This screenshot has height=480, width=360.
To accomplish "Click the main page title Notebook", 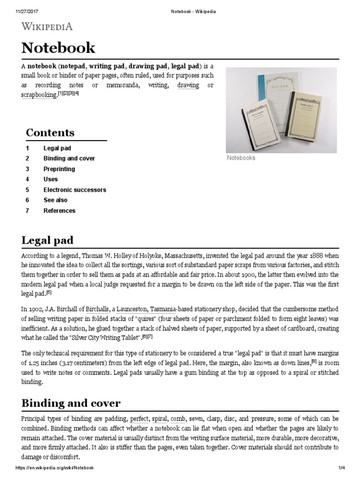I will [x=59, y=47].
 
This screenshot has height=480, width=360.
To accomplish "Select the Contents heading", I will [x=50, y=132].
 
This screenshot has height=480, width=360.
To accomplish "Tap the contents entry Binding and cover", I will [x=69, y=158].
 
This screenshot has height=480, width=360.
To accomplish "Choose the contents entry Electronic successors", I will [x=75, y=190].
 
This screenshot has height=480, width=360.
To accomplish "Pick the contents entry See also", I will [x=55, y=200].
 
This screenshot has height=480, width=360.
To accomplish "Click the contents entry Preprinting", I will [x=59, y=169].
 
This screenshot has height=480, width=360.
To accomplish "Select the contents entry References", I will [x=59, y=211].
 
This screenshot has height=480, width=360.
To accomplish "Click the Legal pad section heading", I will [x=48, y=240].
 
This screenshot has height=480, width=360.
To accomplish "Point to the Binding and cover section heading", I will [x=71, y=403].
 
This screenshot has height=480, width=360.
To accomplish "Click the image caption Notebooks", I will [x=241, y=158].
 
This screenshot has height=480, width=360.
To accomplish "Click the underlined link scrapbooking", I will [x=39, y=95].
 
